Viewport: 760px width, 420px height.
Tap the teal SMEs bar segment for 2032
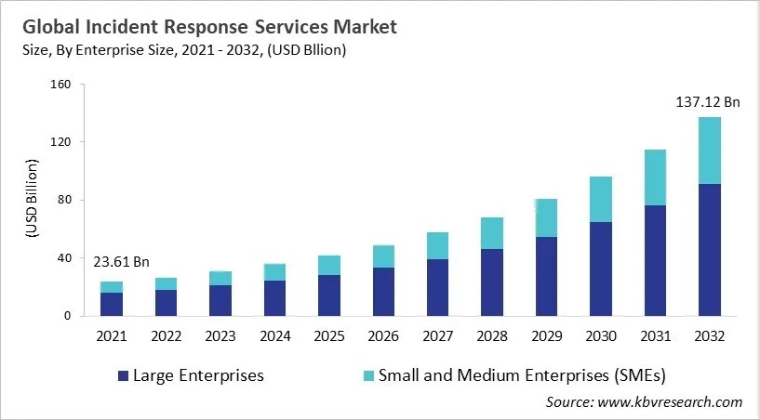click(x=710, y=151)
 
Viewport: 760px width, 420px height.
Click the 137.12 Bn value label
click(x=708, y=102)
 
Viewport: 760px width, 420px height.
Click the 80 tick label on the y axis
click(x=63, y=200)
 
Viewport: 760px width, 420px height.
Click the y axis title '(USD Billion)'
click(x=30, y=200)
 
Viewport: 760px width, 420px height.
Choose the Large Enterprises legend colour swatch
click(x=123, y=376)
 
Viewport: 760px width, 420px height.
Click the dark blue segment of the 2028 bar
click(x=492, y=282)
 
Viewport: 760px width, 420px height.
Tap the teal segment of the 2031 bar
click(x=654, y=177)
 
